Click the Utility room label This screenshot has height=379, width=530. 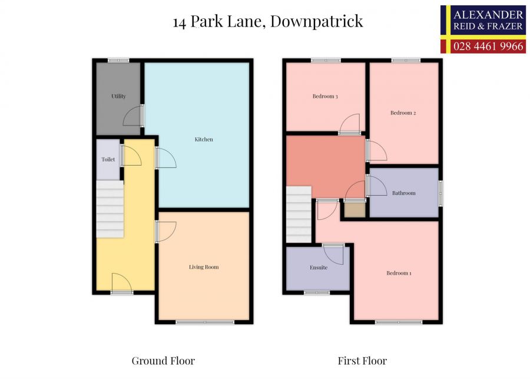118,96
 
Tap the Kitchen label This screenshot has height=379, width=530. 204,140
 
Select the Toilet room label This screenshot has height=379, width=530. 108,159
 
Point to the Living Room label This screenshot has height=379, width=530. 204,267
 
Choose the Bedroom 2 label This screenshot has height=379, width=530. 403,113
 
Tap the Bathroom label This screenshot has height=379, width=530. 404,193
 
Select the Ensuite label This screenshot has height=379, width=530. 318,268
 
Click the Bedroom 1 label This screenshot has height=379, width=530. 399,273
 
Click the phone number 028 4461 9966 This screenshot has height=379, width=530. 488,46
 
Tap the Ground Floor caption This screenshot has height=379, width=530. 163,361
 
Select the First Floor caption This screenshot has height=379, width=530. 362,361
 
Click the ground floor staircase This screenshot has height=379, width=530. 110,209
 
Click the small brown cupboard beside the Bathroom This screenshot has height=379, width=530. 354,210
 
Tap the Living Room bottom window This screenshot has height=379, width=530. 205,322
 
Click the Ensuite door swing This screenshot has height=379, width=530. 334,254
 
